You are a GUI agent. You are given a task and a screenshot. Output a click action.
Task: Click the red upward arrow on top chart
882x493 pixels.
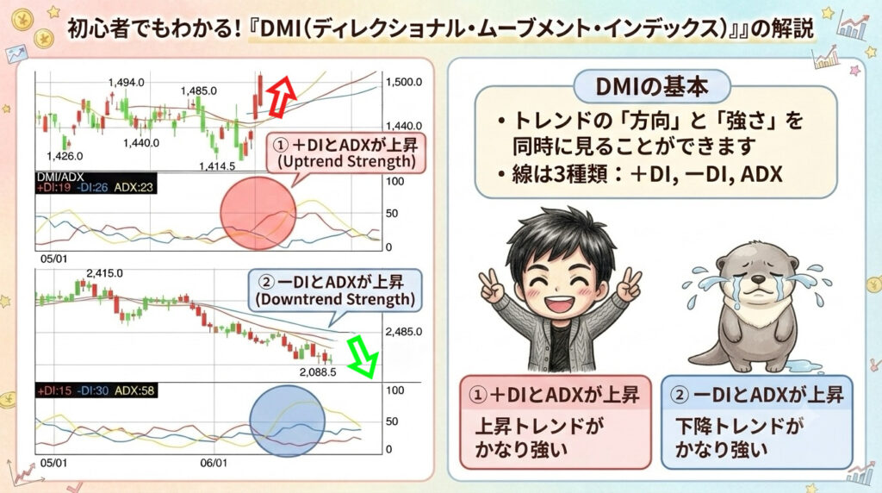280,97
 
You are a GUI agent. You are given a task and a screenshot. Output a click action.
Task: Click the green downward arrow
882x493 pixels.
362,356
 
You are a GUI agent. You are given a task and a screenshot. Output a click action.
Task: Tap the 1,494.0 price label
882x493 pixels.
126,83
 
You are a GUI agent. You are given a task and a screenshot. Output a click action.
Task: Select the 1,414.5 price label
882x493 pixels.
216,166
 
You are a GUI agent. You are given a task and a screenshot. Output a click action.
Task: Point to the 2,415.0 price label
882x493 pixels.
104,273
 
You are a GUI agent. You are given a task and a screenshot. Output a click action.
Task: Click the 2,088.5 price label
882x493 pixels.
318,372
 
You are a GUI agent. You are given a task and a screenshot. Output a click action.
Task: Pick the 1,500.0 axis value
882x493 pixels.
403,82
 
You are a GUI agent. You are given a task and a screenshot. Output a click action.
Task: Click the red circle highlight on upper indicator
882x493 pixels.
258,213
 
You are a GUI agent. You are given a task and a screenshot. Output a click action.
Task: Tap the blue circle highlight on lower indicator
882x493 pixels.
288,421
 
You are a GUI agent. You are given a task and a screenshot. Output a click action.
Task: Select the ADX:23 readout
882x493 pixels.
134,187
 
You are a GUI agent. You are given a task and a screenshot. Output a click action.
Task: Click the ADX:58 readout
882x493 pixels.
134,390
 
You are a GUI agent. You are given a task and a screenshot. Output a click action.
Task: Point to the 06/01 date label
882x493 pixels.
214,463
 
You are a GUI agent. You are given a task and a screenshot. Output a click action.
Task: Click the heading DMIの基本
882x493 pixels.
651,87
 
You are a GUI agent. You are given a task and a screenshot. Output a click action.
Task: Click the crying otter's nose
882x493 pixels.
757,279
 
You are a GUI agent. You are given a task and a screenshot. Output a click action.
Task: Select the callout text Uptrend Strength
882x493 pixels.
347,162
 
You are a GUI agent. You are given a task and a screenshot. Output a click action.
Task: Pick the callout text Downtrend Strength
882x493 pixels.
335,299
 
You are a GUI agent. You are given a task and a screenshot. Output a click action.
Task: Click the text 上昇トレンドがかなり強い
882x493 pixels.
539,437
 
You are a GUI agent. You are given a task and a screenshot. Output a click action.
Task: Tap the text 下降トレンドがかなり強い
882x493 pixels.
738,437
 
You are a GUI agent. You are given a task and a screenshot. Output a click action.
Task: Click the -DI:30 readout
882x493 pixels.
92,390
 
